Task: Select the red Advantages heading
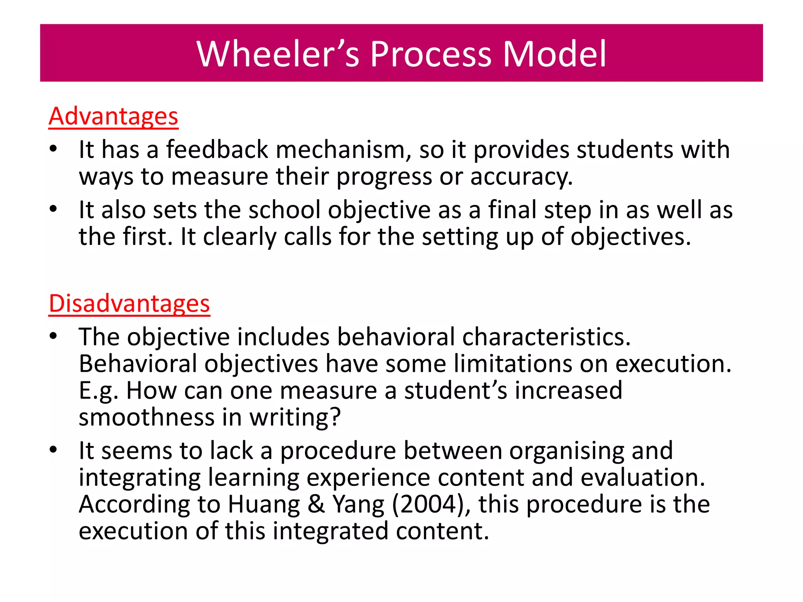[113, 116]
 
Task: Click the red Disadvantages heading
[129, 303]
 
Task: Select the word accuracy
[521, 177]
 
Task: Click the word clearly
[239, 237]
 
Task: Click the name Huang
[264, 505]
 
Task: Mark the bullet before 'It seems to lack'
[54, 450]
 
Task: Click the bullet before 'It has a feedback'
[54, 149]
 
